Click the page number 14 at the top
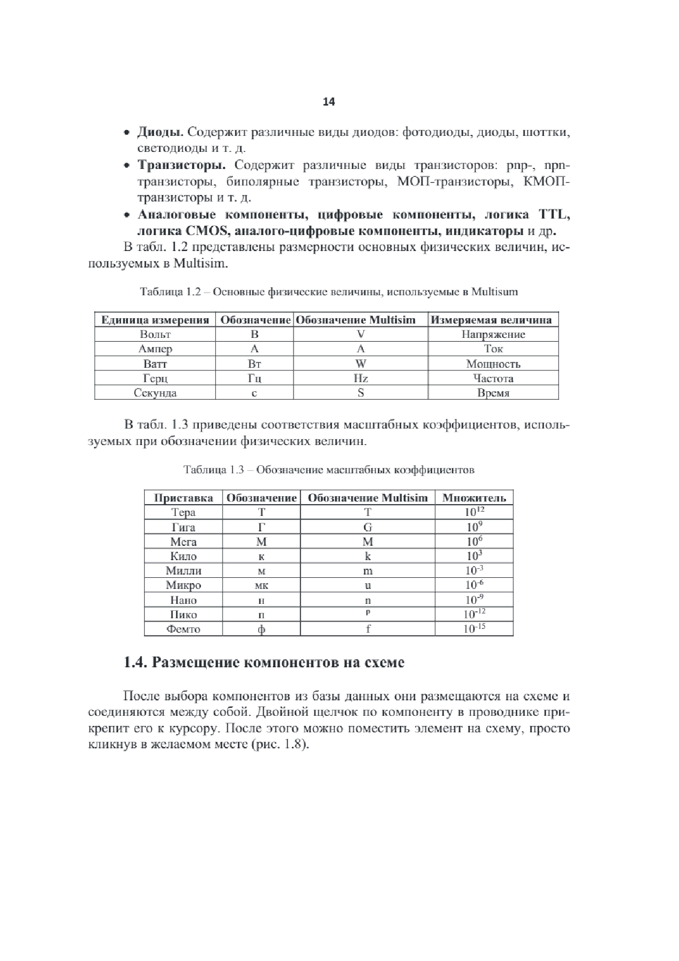click(329, 102)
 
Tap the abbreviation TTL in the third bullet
click(554, 215)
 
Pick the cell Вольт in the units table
click(155, 334)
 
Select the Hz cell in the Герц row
click(361, 378)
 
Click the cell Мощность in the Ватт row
click(493, 364)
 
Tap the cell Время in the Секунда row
click(493, 393)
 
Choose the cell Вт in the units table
click(254, 364)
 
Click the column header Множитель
click(474, 498)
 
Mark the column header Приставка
click(183, 498)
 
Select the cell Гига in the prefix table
click(183, 528)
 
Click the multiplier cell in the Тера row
click(474, 512)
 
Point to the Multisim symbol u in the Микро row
click(367, 585)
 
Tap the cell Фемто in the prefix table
click(183, 629)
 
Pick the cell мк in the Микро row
click(261, 585)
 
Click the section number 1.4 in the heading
click(135, 663)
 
